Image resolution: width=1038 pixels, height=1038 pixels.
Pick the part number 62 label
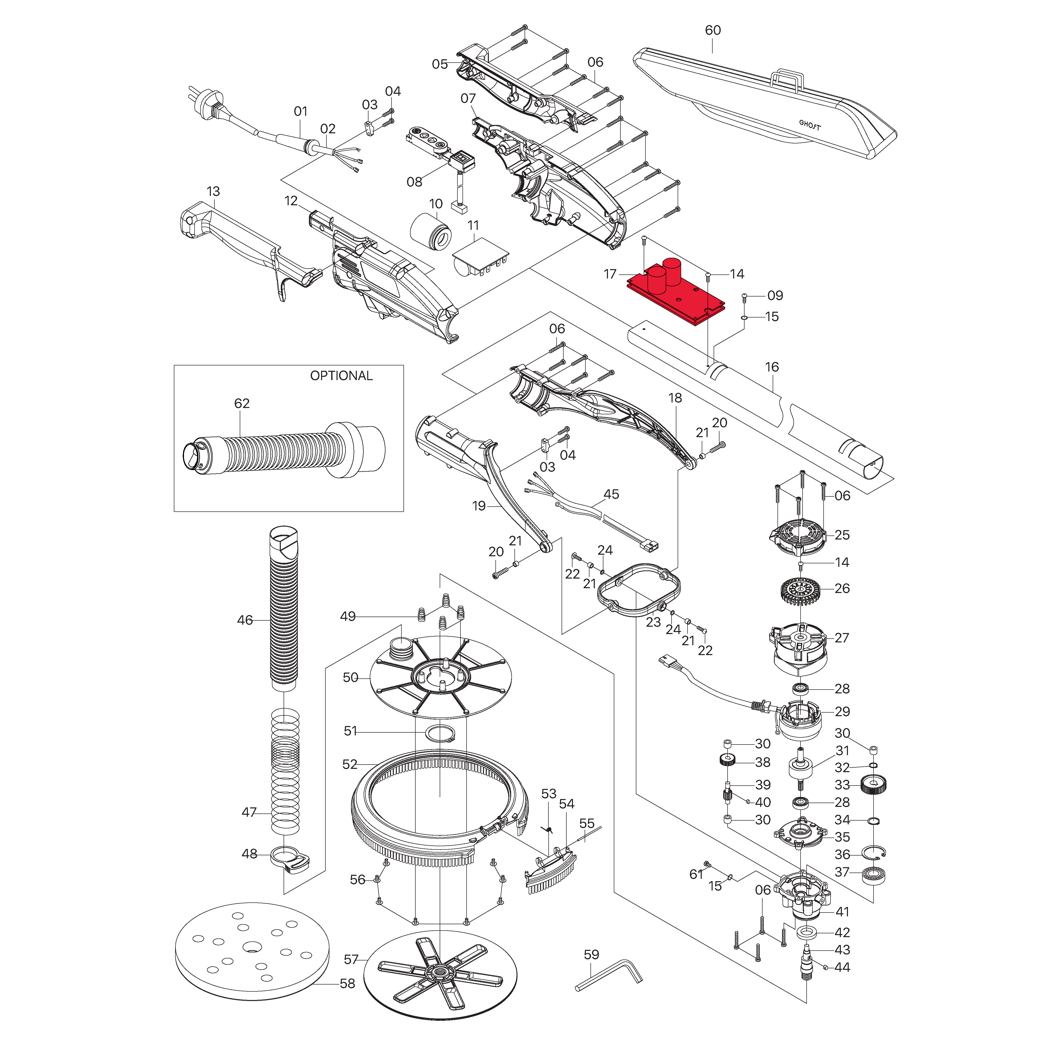pyautogui.click(x=242, y=403)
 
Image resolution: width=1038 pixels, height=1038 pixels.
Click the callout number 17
pyautogui.click(x=610, y=274)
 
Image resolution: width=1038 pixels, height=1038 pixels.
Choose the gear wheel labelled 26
pyautogui.click(x=801, y=590)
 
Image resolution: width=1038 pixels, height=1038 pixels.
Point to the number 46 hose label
pyautogui.click(x=245, y=620)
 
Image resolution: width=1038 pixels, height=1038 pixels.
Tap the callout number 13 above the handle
pyautogui.click(x=213, y=192)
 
